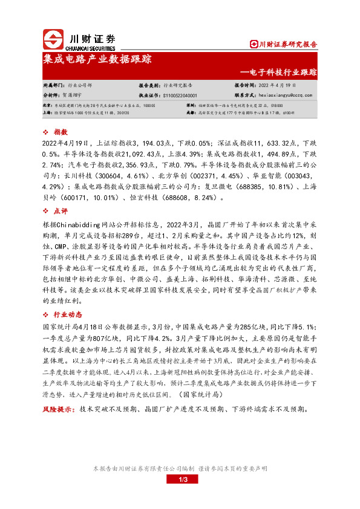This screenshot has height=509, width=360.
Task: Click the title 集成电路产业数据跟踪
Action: pyautogui.click(x=97, y=59)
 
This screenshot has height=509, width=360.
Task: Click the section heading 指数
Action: pyautogui.click(x=60, y=131)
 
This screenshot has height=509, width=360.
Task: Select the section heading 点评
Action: pyautogui.click(x=60, y=211)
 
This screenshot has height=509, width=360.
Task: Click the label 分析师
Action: pyautogui.click(x=51, y=95)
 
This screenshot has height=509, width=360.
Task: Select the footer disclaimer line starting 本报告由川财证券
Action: pyautogui.click(x=180, y=468)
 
